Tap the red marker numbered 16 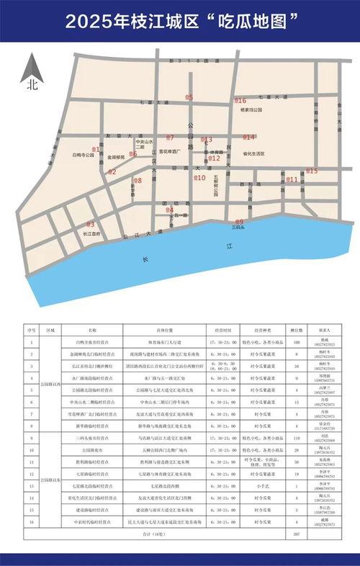pyautogui.click(x=240, y=101)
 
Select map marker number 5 pyautogui.click(x=189, y=97)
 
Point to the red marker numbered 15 pyautogui.click(x=312, y=171)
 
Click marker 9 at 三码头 pyautogui.click(x=240, y=222)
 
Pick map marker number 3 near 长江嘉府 pyautogui.click(x=90, y=225)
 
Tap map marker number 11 pyautogui.click(x=292, y=179)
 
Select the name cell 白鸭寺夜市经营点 pyautogui.click(x=98, y=341)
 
